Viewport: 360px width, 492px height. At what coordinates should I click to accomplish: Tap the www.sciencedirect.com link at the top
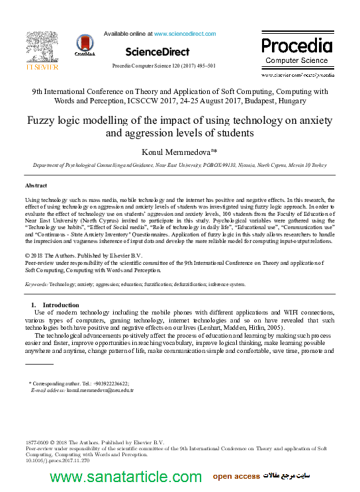[x=185, y=34]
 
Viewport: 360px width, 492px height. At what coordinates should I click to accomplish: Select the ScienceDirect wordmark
[x=157, y=51]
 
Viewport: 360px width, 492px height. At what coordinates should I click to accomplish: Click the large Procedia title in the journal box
[x=296, y=46]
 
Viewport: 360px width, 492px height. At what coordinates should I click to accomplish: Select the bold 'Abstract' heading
[x=36, y=185]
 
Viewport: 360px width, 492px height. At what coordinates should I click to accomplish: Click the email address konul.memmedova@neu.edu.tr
[x=100, y=390]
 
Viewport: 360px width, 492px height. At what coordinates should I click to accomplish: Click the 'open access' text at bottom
[x=236, y=477]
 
